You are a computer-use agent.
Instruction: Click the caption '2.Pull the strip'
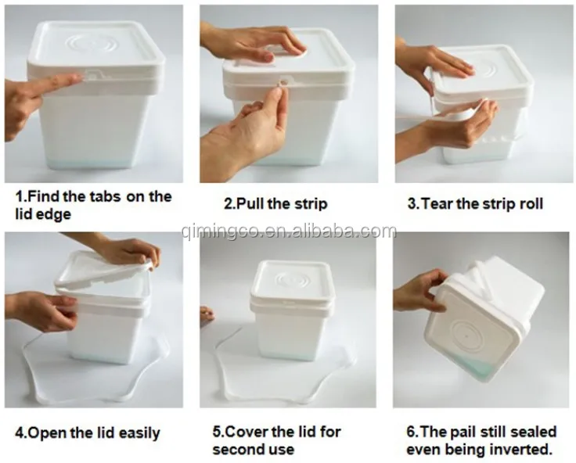coord(275,204)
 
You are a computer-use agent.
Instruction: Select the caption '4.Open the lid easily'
coord(88,432)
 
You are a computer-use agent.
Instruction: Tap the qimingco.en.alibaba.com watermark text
coord(287,231)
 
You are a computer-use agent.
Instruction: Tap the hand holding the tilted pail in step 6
coord(419,292)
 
